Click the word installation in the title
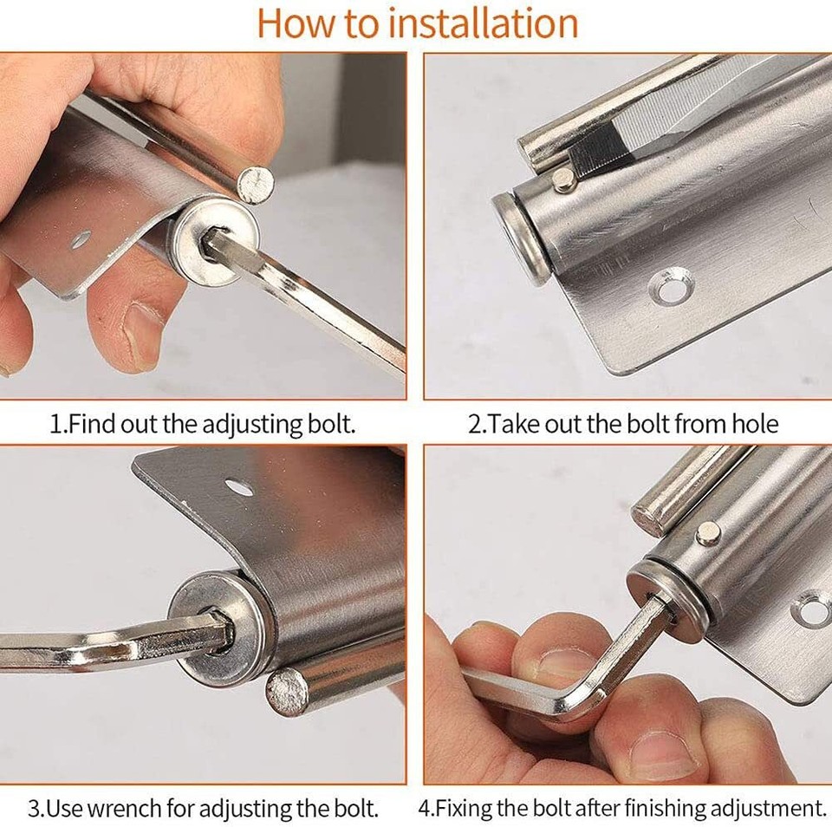click(483, 23)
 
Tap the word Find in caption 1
click(94, 425)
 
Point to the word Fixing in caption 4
click(470, 809)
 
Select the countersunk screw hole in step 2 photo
click(671, 287)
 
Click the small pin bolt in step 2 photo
click(564, 180)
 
